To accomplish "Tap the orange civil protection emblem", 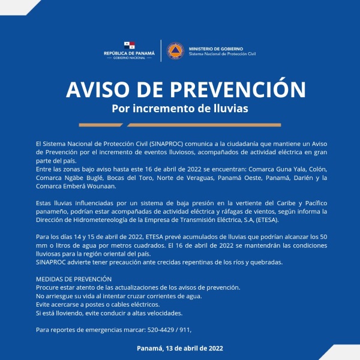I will (175, 50).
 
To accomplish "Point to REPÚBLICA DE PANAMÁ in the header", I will (129, 53).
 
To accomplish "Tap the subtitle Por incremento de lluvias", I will (180, 109).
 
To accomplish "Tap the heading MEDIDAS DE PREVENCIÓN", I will (74, 280).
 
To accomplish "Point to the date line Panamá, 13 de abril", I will (180, 349).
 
